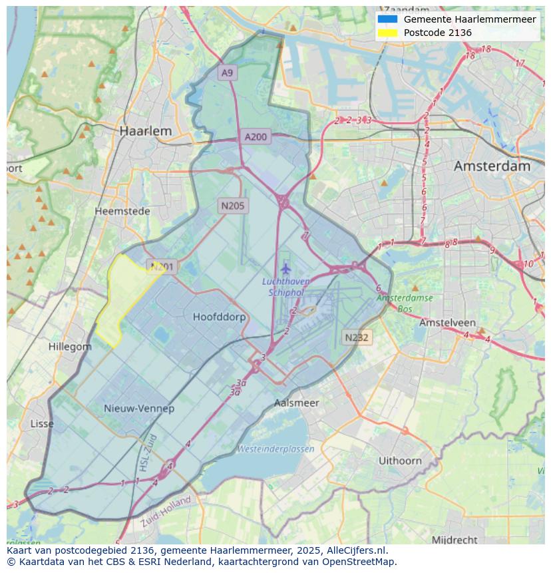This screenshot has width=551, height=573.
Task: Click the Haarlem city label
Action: [145, 131]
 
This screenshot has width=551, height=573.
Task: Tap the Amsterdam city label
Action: [492, 166]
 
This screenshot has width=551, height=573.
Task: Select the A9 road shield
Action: [228, 73]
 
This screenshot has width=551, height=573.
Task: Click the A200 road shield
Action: [256, 137]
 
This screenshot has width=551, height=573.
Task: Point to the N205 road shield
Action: [232, 206]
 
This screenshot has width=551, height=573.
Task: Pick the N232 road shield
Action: [356, 337]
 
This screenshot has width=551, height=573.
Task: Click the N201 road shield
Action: [162, 267]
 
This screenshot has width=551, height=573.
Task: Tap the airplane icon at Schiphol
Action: [286, 269]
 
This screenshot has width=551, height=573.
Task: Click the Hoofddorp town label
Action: [219, 317]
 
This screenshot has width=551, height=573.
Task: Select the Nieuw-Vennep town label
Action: [139, 408]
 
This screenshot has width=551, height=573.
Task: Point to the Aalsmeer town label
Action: [297, 403]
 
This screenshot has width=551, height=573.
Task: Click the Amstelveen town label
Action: [447, 322]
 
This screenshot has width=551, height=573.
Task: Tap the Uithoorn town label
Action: [400, 460]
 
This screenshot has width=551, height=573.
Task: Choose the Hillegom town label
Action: [70, 347]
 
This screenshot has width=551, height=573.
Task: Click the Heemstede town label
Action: [122, 211]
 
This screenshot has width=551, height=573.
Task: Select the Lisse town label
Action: [43, 423]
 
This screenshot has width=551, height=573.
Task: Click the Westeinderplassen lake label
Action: [275, 449]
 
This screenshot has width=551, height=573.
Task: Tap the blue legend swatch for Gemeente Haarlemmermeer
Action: [387, 19]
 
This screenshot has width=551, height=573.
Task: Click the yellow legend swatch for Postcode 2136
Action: [387, 33]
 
